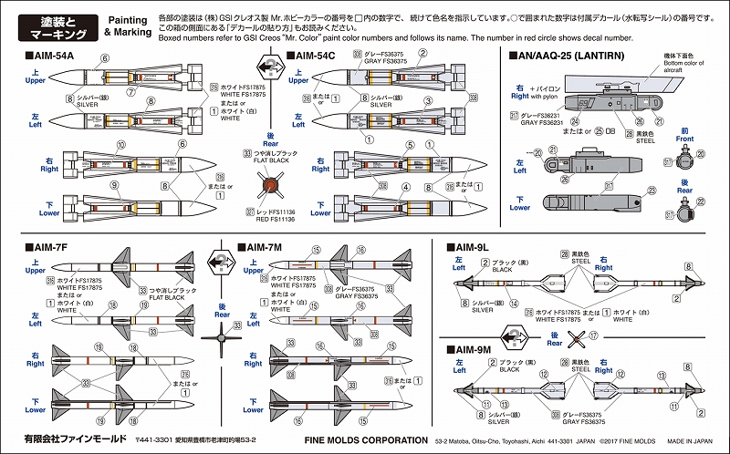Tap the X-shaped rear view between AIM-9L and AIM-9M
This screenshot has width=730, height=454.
click(574, 336)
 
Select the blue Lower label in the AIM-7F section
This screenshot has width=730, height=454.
click(36, 409)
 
